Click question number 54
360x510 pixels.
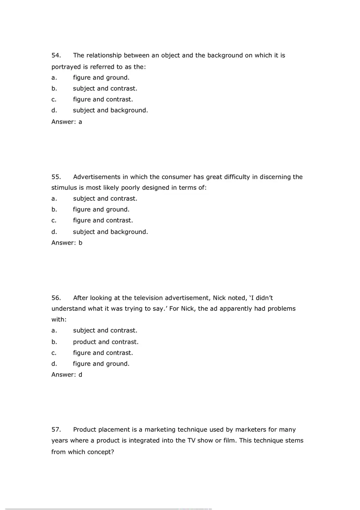tap(56, 55)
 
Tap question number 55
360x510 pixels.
tap(56, 177)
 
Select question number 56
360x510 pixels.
tap(56, 298)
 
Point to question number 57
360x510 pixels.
tap(56, 430)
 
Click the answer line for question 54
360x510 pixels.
tap(67, 121)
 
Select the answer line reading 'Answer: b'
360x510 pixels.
tap(67, 243)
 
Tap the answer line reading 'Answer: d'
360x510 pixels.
tap(67, 374)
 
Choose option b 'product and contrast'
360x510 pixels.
tap(106, 342)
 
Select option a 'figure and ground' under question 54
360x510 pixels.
tap(101, 77)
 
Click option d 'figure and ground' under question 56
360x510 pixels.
tap(101, 364)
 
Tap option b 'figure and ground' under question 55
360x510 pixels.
tap(101, 209)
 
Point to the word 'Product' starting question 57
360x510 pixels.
tap(85, 430)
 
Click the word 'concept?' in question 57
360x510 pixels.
tap(100, 452)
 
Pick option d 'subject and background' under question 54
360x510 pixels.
tap(110, 110)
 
